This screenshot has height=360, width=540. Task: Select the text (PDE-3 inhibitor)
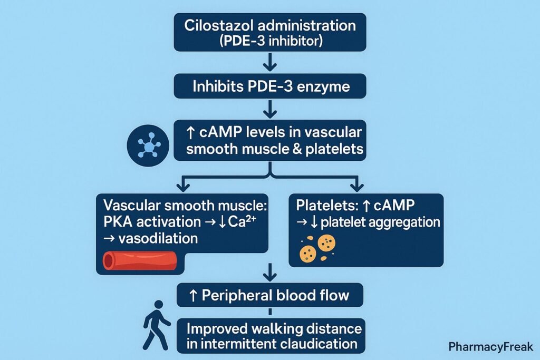[x=269, y=41]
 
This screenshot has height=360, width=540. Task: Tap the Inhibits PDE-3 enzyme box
[x=269, y=85]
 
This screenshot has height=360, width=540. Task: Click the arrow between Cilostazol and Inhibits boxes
[x=269, y=63]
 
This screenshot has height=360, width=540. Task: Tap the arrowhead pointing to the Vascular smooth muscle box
[x=181, y=186]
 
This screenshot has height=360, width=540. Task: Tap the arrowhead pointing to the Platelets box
[x=358, y=186]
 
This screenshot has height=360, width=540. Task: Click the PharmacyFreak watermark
[x=490, y=347]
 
